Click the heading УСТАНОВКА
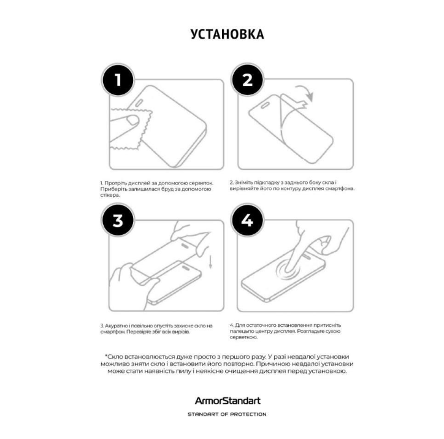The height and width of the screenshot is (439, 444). coord(227,34)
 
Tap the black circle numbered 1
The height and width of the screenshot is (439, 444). coord(118,80)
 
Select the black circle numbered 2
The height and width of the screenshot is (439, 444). coord(247,80)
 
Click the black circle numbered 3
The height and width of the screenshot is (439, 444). coord(118,220)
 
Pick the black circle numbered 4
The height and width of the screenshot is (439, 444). coord(247,219)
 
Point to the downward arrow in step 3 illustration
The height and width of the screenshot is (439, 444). coord(210,262)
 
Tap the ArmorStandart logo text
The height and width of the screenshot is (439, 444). coord(228,400)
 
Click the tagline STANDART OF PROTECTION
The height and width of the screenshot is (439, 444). coord(227,414)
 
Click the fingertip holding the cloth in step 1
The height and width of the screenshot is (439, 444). coord(132,120)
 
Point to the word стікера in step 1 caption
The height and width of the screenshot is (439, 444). coord(110,196)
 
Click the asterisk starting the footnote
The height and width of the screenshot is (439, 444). coord(106,356)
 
